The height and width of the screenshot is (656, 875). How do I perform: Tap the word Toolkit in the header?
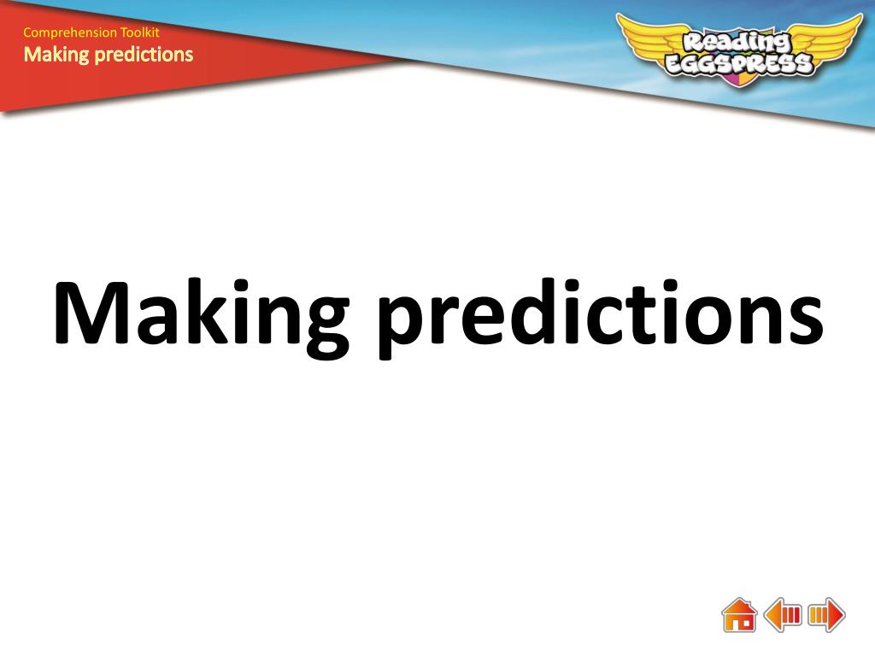point(140,32)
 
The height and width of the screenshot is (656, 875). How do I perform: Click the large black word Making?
point(202,316)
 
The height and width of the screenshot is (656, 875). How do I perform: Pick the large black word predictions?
point(601,316)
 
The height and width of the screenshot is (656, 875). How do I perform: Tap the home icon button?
point(739,615)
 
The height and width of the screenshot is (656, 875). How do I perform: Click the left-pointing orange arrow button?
point(783,615)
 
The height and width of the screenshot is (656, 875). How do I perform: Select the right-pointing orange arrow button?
point(826,615)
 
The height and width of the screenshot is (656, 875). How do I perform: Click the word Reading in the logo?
point(737,43)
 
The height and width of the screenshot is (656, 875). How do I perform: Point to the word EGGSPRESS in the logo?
point(739,64)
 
